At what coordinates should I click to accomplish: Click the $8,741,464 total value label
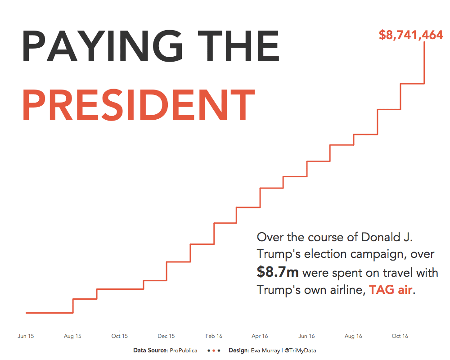click(411, 35)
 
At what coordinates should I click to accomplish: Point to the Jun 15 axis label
click(26, 336)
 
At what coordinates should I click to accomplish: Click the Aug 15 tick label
click(72, 336)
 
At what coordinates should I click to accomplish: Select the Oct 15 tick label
click(119, 336)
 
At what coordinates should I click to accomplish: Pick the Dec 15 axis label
click(166, 336)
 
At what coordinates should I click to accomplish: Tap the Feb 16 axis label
click(214, 336)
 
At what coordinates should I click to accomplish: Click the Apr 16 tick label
click(260, 336)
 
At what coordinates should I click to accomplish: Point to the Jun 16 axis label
click(306, 336)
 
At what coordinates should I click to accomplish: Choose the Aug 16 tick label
click(353, 336)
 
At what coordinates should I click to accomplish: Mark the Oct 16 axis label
click(400, 336)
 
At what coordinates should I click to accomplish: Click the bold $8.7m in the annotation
click(278, 272)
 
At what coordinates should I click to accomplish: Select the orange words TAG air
click(391, 290)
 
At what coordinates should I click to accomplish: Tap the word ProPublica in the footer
click(184, 351)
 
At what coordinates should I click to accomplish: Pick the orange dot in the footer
click(213, 351)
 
